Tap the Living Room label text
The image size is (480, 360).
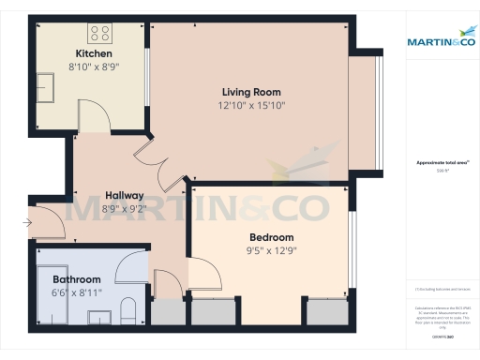(x=251, y=92)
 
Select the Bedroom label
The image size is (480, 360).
(x=271, y=237)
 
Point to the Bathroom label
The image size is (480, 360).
(x=76, y=279)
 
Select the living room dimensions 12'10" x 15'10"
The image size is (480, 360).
(x=251, y=106)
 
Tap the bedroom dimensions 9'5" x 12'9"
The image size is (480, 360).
(x=271, y=250)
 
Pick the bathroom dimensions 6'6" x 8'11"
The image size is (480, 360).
(x=76, y=292)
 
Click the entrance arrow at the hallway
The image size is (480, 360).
(x=29, y=222)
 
